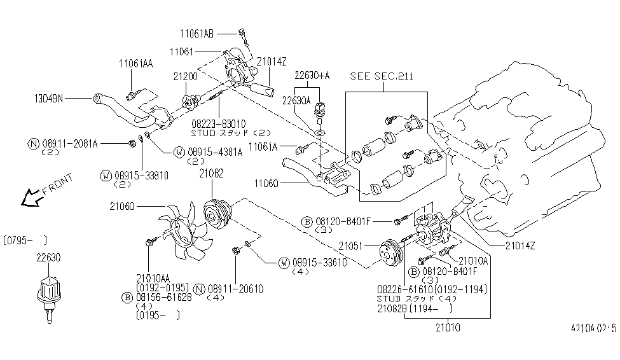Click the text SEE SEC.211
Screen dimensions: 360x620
pyautogui.click(x=382, y=76)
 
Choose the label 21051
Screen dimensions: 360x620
pyautogui.click(x=350, y=245)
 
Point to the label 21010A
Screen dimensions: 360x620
pyautogui.click(x=472, y=260)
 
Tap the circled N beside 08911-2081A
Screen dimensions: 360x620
pyautogui.click(x=31, y=144)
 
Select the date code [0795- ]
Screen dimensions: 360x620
pyautogui.click(x=25, y=240)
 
